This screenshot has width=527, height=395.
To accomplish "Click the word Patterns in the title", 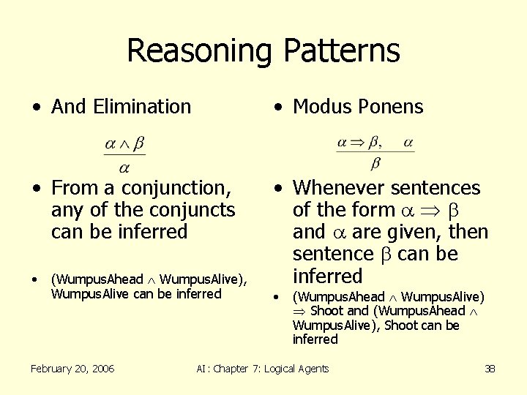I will click(340, 51).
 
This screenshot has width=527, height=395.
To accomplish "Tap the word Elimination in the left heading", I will click(142, 107).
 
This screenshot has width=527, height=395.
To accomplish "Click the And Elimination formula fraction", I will click(124, 154).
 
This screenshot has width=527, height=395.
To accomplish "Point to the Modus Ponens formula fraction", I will click(375, 151).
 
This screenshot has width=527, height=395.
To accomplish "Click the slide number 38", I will click(490, 369).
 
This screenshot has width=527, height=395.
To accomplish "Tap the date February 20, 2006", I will click(72, 369).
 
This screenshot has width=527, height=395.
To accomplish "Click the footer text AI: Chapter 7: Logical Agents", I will click(263, 369).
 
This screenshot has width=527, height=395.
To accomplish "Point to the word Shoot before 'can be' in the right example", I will click(402, 326).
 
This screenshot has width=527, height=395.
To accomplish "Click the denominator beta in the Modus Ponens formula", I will click(375, 162).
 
